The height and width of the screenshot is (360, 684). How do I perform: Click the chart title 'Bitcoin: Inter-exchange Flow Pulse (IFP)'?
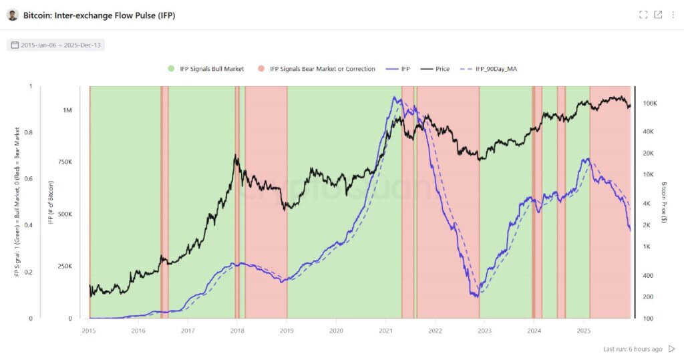(x=99, y=15)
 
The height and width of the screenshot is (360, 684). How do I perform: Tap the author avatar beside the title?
(x=13, y=15)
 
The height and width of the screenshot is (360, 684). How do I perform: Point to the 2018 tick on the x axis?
(x=237, y=330)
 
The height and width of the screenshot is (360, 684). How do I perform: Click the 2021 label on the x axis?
(x=385, y=330)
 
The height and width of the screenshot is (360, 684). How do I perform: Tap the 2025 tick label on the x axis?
(x=583, y=330)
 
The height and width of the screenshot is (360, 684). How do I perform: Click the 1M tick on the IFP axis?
(x=67, y=110)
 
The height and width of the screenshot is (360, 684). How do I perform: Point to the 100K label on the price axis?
(x=649, y=104)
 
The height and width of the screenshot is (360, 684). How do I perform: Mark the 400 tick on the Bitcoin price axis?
(x=647, y=275)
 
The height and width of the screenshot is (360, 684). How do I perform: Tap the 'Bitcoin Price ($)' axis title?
(x=664, y=202)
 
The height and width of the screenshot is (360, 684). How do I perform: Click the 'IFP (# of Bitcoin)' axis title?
(x=51, y=202)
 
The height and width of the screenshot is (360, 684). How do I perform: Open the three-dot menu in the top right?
(x=673, y=15)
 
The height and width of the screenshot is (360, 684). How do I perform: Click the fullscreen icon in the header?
(x=643, y=15)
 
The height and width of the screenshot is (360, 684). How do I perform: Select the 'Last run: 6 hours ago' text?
(x=632, y=349)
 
